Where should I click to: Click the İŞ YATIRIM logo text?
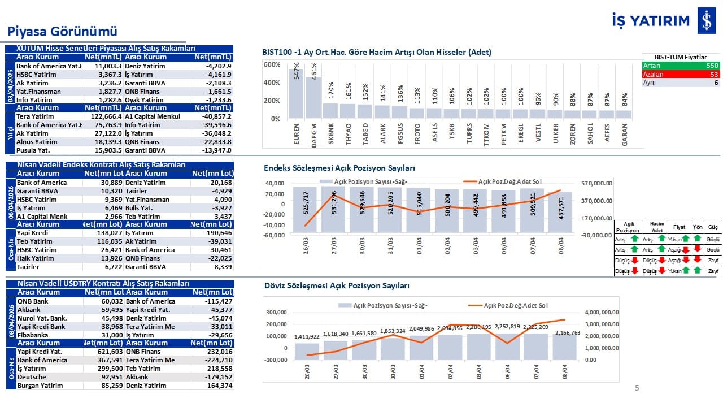coord(651,21)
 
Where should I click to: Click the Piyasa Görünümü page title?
coord(62,31)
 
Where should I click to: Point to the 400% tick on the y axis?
coord(272,83)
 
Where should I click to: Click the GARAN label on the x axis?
coord(624,135)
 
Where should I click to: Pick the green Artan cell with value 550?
coord(681,66)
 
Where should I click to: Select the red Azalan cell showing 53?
coord(681,74)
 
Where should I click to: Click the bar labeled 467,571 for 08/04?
coord(560,212)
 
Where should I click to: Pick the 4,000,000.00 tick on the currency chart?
coord(602,312)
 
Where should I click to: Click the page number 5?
coord(637,388)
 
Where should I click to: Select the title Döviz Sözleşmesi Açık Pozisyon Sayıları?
coord(337,286)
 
